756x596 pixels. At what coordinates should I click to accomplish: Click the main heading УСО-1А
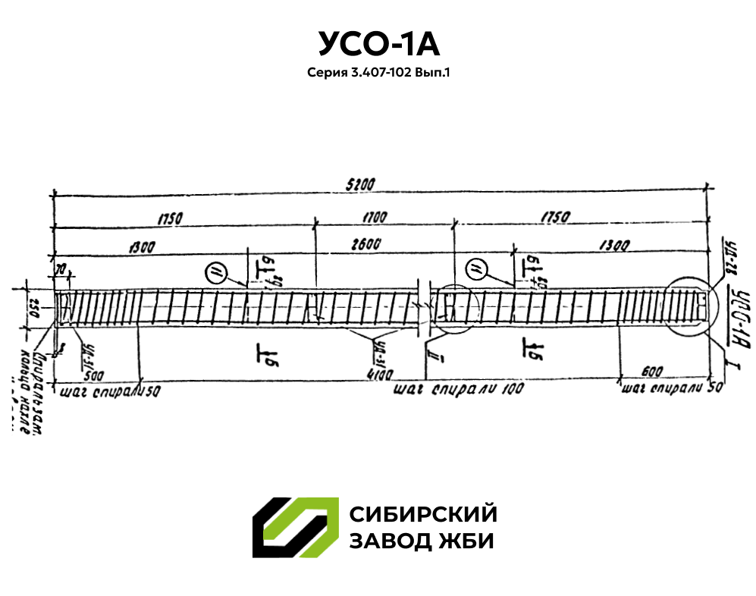pyautogui.click(x=378, y=44)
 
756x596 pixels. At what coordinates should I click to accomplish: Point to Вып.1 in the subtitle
pyautogui.click(x=432, y=74)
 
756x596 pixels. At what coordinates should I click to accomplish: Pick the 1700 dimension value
pyautogui.click(x=375, y=217)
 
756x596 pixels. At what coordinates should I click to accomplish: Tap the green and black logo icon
pyautogui.click(x=295, y=528)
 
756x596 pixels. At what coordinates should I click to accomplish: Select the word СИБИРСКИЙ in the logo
pyautogui.click(x=423, y=514)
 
